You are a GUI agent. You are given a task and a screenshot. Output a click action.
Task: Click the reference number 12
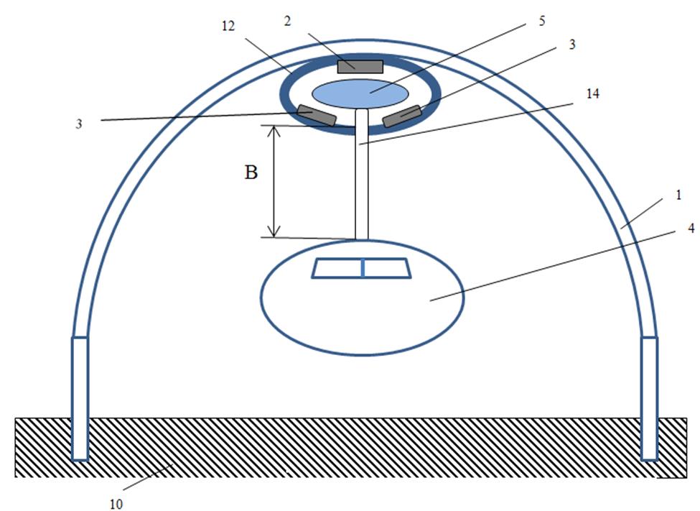(x=228, y=27)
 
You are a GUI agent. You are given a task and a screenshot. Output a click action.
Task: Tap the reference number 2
(x=287, y=21)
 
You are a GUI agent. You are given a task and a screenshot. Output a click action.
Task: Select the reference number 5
(x=542, y=21)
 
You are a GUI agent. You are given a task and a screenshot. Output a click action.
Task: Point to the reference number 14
(x=592, y=94)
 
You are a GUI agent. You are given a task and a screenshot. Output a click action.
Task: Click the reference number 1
(x=678, y=195)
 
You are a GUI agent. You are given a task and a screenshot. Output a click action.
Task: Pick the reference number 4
(x=691, y=228)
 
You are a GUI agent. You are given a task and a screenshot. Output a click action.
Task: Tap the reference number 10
(x=116, y=505)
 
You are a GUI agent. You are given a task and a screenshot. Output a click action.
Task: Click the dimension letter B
(x=251, y=172)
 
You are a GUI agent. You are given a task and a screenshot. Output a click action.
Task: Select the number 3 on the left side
(x=79, y=124)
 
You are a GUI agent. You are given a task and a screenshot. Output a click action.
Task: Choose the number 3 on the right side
(x=572, y=45)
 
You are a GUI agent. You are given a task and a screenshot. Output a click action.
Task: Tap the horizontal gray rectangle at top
(x=360, y=67)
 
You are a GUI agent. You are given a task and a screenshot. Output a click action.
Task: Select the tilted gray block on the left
(x=317, y=115)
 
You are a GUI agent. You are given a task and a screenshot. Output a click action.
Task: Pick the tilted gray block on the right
(x=402, y=116)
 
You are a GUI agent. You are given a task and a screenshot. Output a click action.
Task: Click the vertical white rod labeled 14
(x=362, y=175)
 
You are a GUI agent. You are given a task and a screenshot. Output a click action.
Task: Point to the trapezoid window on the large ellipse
(x=362, y=268)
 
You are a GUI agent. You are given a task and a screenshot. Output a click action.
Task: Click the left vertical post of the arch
(x=80, y=398)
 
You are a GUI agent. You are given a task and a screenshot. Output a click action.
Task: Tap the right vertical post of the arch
(x=649, y=398)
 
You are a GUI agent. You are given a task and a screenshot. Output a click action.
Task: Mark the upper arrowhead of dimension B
(x=274, y=132)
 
